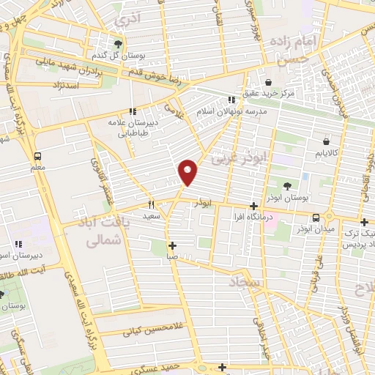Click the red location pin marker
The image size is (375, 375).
tap(188, 173)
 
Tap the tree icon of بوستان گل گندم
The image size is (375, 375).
tap(118, 44)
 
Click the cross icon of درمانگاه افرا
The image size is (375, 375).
tap(253, 207)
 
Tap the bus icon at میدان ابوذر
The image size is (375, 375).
tap(316, 218)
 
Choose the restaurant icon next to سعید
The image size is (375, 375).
tap(152, 205)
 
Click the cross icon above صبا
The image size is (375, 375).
tap(171, 246)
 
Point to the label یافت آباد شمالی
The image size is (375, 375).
tap(103, 229)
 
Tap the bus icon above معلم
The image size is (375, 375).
tap(37, 156)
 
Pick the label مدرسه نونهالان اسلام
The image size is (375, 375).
tap(231, 112)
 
